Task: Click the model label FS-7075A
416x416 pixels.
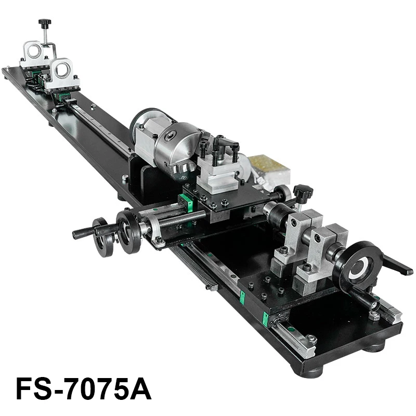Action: coord(83,388)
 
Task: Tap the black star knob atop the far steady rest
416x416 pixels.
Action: coord(45,23)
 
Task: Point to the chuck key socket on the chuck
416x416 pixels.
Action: coord(170,136)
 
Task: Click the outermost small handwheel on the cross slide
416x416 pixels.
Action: coord(103,237)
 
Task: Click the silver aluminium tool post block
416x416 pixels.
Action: coord(218,174)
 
